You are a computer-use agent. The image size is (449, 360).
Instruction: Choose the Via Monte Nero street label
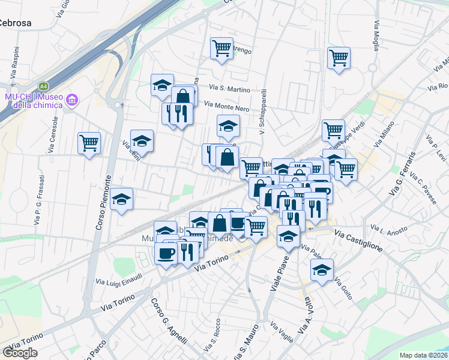[x=226, y=106]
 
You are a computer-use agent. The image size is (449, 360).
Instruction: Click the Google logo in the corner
[x=20, y=353]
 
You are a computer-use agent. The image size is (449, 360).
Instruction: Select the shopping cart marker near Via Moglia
[x=339, y=59]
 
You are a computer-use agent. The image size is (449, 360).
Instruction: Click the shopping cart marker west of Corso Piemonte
[x=89, y=143]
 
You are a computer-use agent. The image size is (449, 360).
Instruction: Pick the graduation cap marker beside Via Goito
[x=322, y=270]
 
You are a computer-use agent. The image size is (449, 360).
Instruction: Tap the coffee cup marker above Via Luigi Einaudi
[x=166, y=252]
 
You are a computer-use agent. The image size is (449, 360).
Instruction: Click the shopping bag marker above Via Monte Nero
[x=184, y=97]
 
